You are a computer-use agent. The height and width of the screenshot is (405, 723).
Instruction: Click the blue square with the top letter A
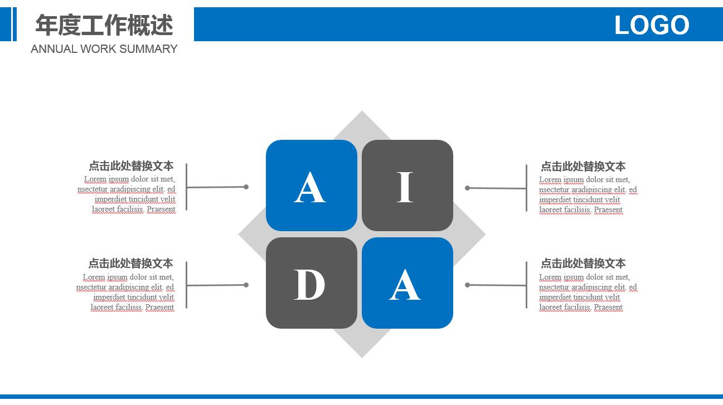[311, 186]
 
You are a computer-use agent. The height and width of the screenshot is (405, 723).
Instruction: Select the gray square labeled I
[407, 186]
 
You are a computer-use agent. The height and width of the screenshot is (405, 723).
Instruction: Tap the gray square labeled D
[311, 283]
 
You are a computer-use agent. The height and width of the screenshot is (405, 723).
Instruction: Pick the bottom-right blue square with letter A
[407, 283]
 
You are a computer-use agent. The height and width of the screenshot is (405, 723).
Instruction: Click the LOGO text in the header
[652, 25]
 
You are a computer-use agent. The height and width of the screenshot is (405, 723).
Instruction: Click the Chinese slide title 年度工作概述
[104, 25]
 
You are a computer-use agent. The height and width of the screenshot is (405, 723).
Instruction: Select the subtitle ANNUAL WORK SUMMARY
[104, 49]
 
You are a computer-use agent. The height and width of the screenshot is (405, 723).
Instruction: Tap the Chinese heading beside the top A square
[131, 166]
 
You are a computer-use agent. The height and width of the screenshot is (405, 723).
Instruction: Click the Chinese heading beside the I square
[583, 167]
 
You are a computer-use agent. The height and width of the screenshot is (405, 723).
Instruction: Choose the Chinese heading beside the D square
[131, 264]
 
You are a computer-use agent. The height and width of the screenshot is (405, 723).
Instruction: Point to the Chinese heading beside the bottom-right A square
[583, 264]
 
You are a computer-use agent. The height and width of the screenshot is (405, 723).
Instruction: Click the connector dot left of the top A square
[246, 187]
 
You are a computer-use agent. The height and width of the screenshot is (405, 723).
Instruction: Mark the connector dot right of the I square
[468, 188]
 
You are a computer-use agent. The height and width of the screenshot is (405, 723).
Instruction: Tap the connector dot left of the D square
[246, 285]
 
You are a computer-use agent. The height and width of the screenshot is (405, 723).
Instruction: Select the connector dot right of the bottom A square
[468, 285]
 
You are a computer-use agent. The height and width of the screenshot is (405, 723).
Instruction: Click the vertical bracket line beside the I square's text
[526, 188]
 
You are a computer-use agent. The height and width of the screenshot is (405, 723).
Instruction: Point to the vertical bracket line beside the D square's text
[186, 285]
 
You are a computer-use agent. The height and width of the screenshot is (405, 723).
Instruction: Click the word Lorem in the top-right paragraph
[550, 180]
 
